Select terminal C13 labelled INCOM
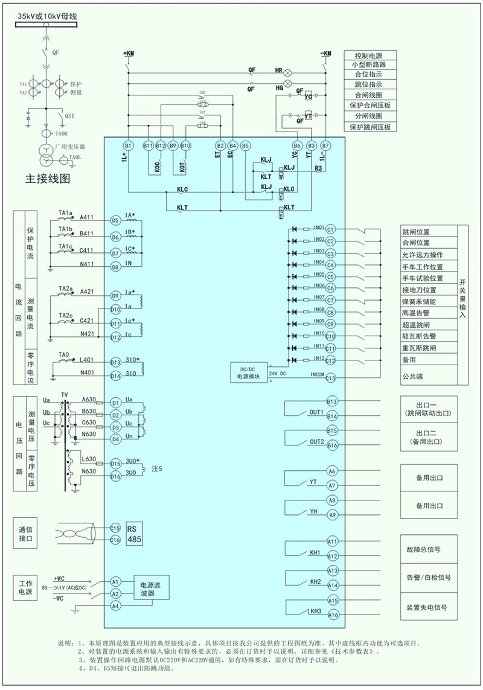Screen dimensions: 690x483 point(330,377)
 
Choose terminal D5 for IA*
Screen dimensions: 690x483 point(115,220)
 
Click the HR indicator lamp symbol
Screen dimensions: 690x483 point(288,71)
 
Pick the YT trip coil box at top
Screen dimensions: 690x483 point(308,115)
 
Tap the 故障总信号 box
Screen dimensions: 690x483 point(427,550)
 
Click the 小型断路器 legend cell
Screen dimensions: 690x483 point(369,64)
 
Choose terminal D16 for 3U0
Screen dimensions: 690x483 point(115,476)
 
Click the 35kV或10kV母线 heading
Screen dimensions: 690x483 point(48,15)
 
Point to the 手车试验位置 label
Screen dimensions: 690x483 point(423,278)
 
